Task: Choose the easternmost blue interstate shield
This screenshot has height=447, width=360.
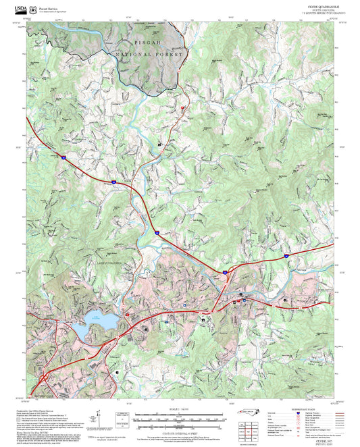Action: point(286,256)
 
